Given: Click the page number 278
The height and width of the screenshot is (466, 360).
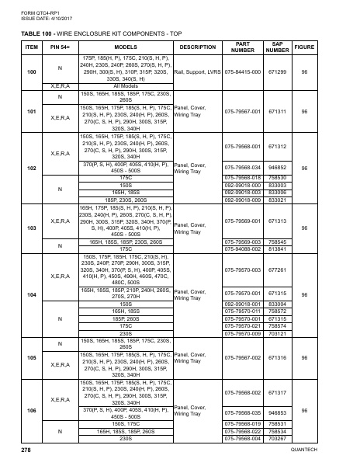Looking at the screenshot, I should tap(26, 450).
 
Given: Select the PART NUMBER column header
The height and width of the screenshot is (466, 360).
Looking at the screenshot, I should tap(242, 47).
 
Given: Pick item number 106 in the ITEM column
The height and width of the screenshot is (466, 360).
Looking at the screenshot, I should tap(31, 409).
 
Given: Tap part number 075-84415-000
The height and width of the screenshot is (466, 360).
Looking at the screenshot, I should tap(242, 71).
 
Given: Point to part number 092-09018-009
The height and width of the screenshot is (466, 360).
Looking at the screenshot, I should tap(242, 200).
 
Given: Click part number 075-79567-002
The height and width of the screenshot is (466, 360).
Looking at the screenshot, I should tap(242, 359).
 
